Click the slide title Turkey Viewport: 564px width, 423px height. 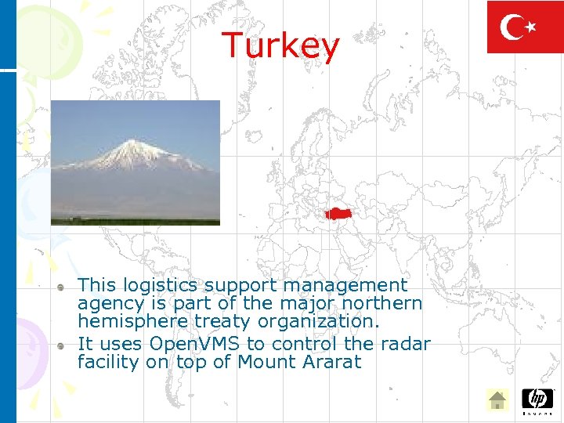pyautogui.click(x=280, y=45)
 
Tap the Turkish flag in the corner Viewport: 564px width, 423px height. pyautogui.click(x=524, y=27)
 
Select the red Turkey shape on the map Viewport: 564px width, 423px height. pyautogui.click(x=339, y=213)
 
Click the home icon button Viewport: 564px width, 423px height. pyautogui.click(x=497, y=400)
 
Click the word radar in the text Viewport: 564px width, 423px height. pyautogui.click(x=405, y=344)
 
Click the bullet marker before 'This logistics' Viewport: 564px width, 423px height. pyautogui.click(x=62, y=287)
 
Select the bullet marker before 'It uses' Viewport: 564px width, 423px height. pyautogui.click(x=62, y=345)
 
